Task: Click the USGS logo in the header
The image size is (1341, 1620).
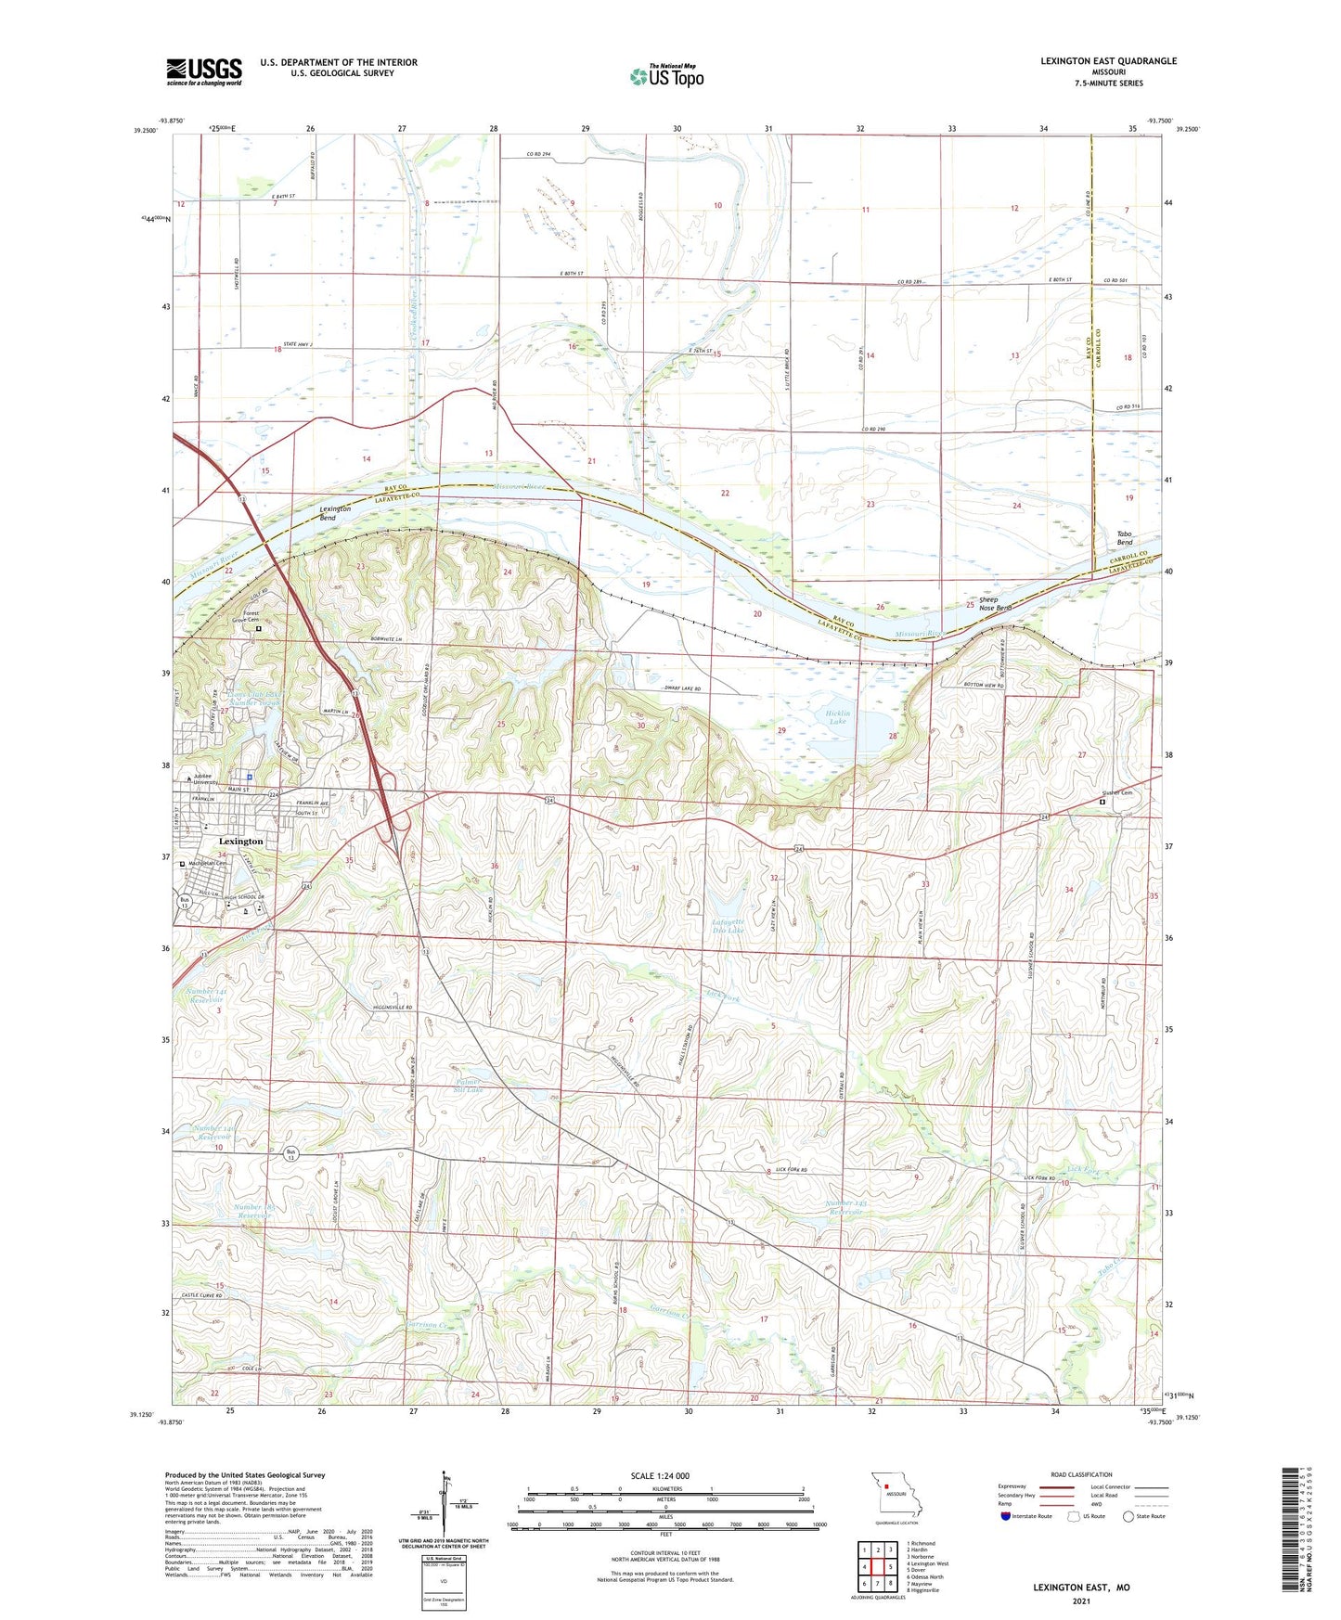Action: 204,71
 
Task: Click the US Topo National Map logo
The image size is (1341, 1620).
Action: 666,75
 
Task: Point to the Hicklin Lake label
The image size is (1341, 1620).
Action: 838,716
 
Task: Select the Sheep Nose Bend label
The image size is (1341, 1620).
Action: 989,604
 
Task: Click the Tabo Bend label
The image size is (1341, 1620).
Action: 1126,538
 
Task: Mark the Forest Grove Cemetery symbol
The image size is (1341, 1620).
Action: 259,628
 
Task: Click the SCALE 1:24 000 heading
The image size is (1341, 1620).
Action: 660,1475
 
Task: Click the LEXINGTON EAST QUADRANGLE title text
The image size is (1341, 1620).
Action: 1108,61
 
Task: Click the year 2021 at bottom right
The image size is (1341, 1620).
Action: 1081,1601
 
